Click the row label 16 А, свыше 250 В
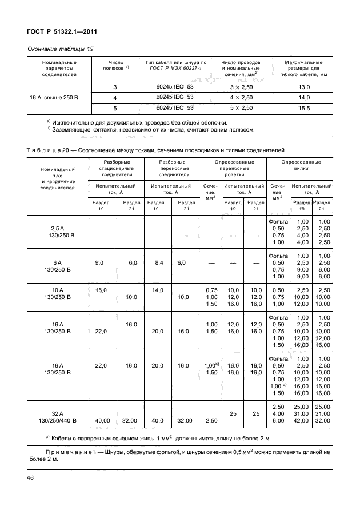point(54,97)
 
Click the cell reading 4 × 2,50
point(241,97)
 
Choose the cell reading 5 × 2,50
point(241,107)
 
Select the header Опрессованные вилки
point(301,165)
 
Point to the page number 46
point(31,477)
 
